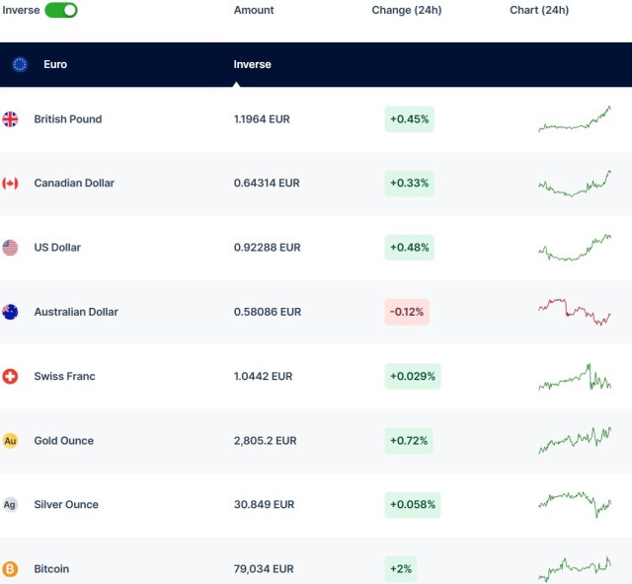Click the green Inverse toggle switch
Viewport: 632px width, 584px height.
point(61,10)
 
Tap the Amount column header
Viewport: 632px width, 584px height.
point(254,10)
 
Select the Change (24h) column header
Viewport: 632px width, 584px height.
point(406,10)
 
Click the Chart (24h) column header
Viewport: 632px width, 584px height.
point(539,10)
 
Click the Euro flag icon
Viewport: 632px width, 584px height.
point(20,64)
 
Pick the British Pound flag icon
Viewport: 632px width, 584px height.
point(10,119)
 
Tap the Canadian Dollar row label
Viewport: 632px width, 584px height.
point(74,183)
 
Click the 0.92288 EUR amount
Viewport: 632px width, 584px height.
point(267,248)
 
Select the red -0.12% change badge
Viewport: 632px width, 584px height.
point(408,312)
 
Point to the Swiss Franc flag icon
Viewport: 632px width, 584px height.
point(10,377)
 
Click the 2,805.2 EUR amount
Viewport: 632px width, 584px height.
point(266,441)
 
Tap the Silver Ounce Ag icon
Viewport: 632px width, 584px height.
point(10,505)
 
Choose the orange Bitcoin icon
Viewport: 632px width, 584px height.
point(10,569)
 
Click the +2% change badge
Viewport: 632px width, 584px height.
point(401,569)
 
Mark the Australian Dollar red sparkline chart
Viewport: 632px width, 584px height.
point(575,311)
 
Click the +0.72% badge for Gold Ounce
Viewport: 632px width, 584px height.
point(409,441)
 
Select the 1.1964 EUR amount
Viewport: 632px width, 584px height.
point(262,119)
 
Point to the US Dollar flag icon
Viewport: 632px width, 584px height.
point(10,248)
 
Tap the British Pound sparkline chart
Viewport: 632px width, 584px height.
point(575,119)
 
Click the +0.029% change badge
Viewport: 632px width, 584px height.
point(412,377)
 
